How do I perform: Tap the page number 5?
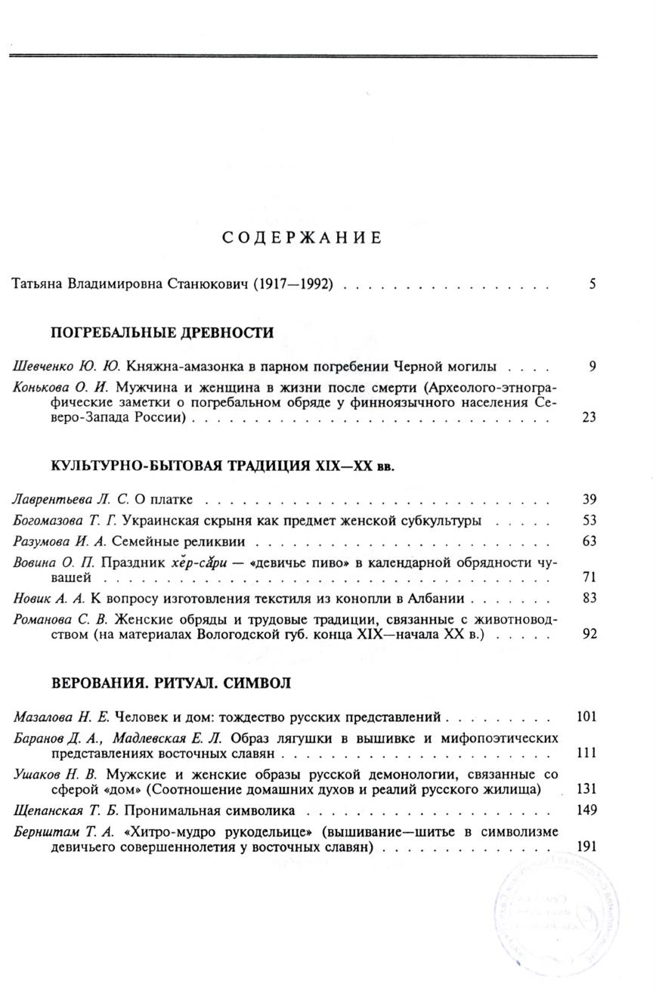pyautogui.click(x=593, y=285)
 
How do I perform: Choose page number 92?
pyautogui.click(x=589, y=633)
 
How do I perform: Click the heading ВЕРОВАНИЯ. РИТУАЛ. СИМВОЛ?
pyautogui.click(x=170, y=682)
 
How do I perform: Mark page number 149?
pyautogui.click(x=586, y=810)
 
